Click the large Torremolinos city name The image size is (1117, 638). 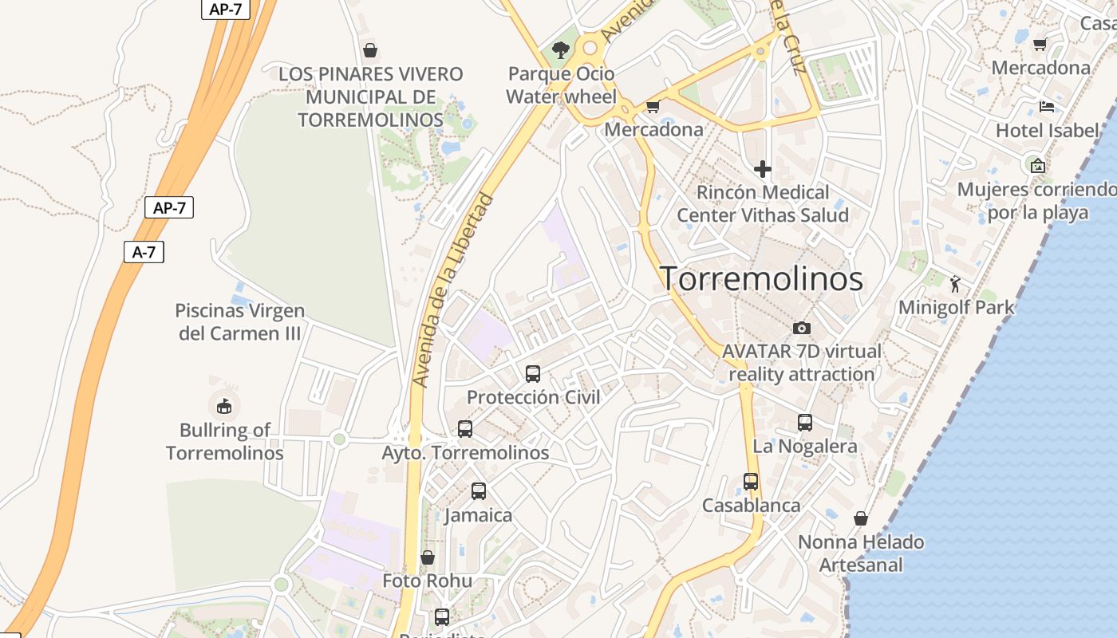coord(761,279)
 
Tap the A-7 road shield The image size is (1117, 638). coord(144,252)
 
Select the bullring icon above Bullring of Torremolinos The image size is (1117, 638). coord(224,406)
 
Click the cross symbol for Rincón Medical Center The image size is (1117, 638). coord(762,169)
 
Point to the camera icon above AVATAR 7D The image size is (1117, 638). coord(801,328)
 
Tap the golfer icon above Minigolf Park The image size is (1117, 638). coord(955,283)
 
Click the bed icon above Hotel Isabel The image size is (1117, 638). coord(1047,107)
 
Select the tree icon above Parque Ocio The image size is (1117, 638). coord(561,50)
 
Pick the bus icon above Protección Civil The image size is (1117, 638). coord(533,373)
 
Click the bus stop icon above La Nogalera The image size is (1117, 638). coord(805,423)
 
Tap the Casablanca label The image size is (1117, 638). coord(751,506)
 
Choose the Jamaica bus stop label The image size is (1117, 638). coord(478,515)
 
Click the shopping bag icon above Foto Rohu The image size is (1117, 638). coord(428,557)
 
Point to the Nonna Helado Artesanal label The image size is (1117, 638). coord(861,553)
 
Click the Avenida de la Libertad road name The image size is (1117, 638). coord(453,291)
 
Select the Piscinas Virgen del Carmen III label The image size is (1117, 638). coord(239,322)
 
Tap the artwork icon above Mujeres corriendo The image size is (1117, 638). coord(1037,166)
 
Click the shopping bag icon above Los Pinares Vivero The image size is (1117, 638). coord(370,51)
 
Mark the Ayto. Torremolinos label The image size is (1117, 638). coord(465,453)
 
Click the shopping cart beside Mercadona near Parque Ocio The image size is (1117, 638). coord(653,106)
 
